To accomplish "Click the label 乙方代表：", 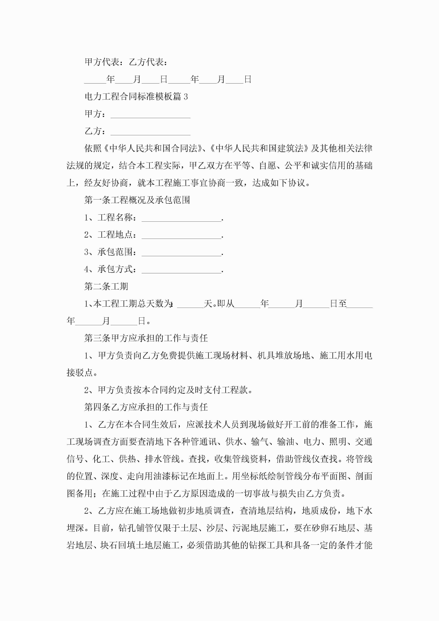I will point(148,62).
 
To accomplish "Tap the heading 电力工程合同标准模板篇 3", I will point(136,96).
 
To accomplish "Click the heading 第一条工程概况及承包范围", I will point(137,200).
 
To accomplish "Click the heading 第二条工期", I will point(106,286).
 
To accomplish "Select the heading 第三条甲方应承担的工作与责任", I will point(146,338).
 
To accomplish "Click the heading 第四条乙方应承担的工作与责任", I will point(146,407).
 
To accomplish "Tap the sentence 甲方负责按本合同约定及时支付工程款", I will point(173,390).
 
